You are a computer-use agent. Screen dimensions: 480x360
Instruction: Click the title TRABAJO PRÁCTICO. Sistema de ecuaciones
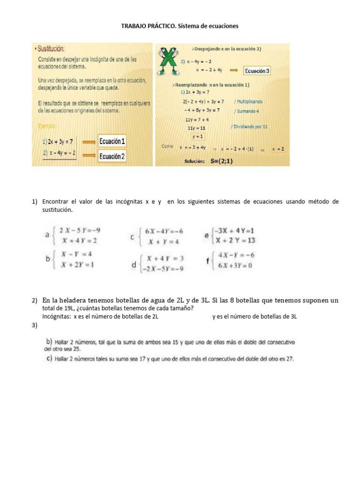tap(180, 26)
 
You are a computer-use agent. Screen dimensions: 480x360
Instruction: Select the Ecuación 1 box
tap(112, 142)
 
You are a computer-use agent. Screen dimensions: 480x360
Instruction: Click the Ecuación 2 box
tap(112, 157)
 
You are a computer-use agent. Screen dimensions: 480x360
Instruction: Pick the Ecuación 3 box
tap(257, 71)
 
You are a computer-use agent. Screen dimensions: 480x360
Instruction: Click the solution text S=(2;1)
tap(221, 161)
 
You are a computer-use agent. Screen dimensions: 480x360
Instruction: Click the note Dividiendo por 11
tap(249, 127)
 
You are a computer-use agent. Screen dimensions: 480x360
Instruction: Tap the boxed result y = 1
tap(198, 136)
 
